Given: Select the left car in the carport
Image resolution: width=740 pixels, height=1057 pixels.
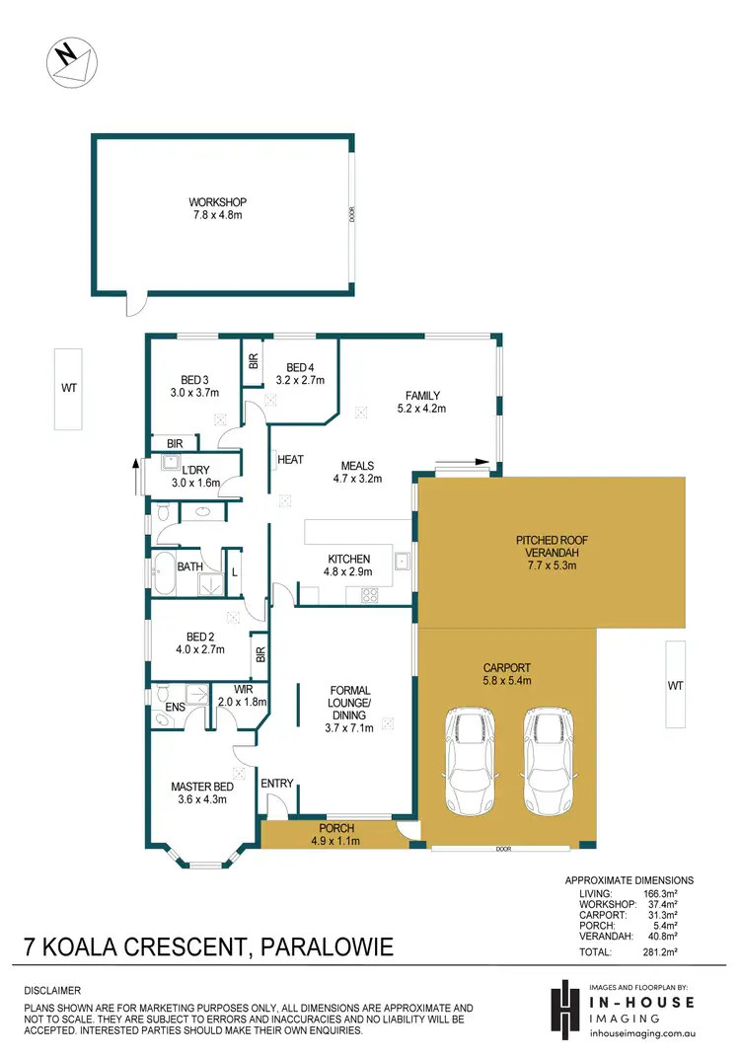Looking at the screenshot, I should point(471,745).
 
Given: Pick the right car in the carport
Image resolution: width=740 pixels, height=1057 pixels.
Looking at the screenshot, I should point(546,745).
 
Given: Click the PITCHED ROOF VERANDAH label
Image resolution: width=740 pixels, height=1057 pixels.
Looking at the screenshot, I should point(551,548).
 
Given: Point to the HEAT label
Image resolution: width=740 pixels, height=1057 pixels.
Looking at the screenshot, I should point(290,460).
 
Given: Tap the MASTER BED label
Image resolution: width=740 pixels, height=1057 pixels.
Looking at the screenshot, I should point(201,793).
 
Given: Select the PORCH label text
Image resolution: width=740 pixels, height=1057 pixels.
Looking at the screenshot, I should point(336,834).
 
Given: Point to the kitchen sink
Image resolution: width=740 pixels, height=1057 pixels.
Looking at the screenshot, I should point(403,564).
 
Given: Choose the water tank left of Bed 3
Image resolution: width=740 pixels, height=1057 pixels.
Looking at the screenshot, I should point(68,388).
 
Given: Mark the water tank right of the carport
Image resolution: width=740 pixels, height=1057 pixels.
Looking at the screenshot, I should point(675,685).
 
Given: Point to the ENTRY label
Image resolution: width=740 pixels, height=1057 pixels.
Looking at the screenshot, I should point(277,784).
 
